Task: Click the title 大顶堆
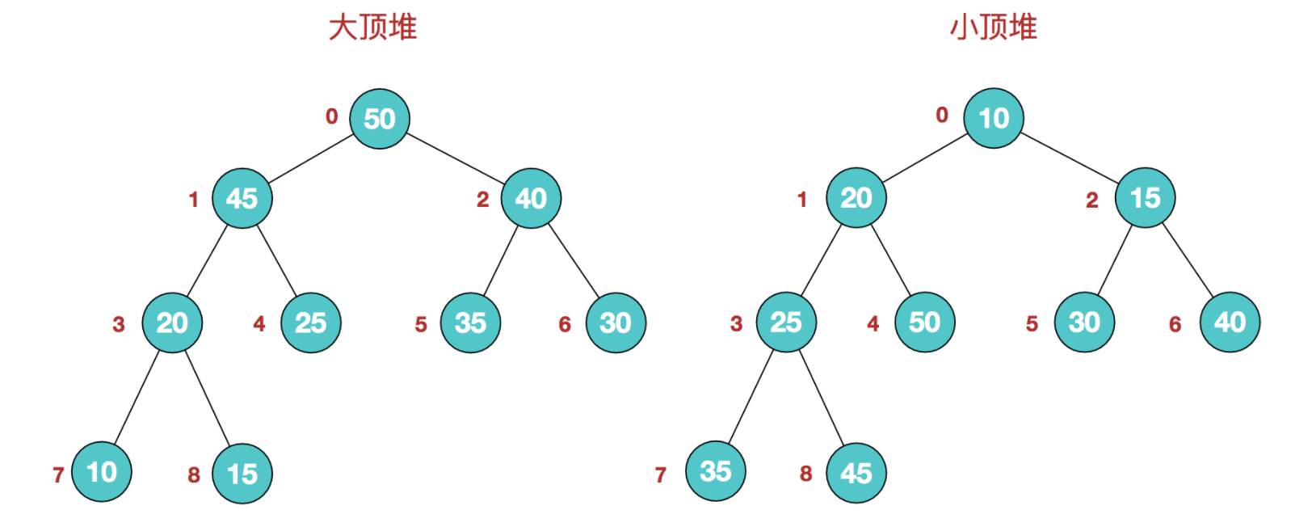tap(372, 27)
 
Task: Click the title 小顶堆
tap(994, 27)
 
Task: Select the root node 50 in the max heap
tap(380, 119)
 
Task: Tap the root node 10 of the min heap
tap(994, 119)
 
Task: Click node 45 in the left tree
tap(242, 198)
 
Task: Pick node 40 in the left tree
tap(532, 198)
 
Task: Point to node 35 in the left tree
tap(470, 323)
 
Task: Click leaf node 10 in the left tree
tap(101, 472)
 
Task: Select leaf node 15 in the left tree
tap(242, 474)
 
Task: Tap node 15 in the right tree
tap(1145, 197)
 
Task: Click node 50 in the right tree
tap(925, 322)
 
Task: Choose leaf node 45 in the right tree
tap(856, 473)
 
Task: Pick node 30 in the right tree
tap(1085, 322)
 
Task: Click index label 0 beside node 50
tap(331, 116)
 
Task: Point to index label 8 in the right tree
tap(806, 473)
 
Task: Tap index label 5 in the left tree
tap(421, 324)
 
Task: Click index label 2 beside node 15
tap(1091, 200)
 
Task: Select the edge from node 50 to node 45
tap(311, 158)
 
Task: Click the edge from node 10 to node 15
tap(1070, 158)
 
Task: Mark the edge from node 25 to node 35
tap(751, 397)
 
